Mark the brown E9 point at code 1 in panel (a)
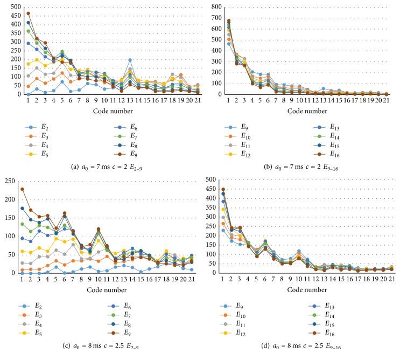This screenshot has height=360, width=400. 28,13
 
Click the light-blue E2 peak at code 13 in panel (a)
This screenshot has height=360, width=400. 129,60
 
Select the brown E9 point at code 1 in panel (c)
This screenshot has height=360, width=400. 22,189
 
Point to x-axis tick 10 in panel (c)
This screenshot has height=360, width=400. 99,279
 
